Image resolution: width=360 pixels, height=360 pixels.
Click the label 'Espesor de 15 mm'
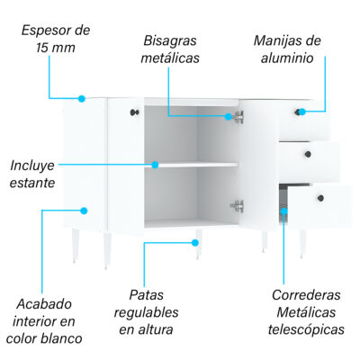56,39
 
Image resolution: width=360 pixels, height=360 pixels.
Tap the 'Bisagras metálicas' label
170,49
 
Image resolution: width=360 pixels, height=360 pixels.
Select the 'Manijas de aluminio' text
287,49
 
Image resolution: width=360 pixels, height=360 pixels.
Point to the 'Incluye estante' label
32,174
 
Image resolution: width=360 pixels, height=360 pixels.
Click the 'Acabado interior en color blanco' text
44,321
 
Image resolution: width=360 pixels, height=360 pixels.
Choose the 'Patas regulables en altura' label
146,312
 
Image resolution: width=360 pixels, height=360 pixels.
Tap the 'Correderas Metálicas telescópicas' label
306,312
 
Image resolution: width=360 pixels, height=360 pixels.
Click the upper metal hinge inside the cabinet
238,117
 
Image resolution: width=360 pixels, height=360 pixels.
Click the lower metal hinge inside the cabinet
237,206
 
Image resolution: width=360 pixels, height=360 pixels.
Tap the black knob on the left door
135,112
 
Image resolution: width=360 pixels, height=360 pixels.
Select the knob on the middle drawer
308,155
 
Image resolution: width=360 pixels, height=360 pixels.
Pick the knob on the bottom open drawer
320,198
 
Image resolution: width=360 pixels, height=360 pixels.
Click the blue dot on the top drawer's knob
302,112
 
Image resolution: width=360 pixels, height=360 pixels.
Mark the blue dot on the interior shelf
155,165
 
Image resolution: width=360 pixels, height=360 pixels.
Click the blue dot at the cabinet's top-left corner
82,98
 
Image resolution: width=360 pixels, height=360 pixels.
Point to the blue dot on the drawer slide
284,211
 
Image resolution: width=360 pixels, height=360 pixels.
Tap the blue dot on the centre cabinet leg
195,242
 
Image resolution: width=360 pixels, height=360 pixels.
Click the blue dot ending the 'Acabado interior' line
84,211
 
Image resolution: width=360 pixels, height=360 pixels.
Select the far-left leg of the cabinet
75,246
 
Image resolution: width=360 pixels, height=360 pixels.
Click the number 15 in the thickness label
42,48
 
